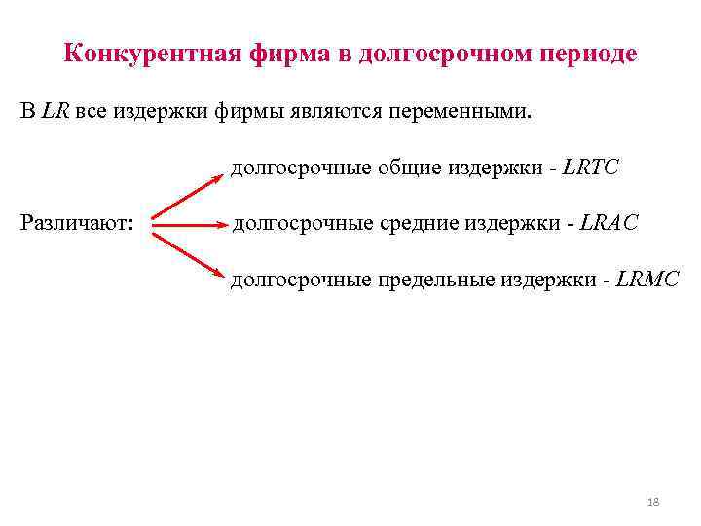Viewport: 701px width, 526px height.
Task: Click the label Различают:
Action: [78, 224]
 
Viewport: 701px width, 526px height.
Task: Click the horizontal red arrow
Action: [186, 225]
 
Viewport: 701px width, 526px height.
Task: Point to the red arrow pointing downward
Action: [186, 253]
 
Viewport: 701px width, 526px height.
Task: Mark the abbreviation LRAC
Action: [609, 224]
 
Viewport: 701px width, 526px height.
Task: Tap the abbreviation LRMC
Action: [647, 281]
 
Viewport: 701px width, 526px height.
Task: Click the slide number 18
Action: [653, 502]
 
